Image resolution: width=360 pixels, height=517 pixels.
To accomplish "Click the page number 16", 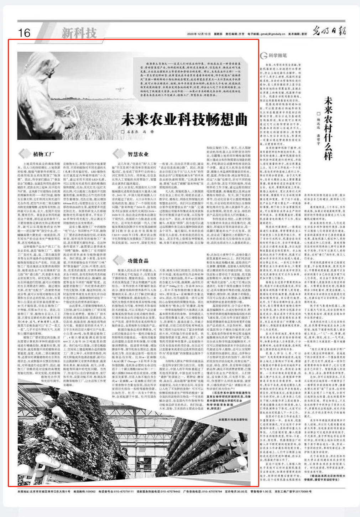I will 24,33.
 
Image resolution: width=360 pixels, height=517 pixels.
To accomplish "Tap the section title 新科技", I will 79,33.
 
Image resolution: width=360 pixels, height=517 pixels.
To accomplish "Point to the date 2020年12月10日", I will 199,34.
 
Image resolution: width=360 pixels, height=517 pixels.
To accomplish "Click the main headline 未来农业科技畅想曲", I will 184,119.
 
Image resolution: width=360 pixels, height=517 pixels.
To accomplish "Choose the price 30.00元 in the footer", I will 240,491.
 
